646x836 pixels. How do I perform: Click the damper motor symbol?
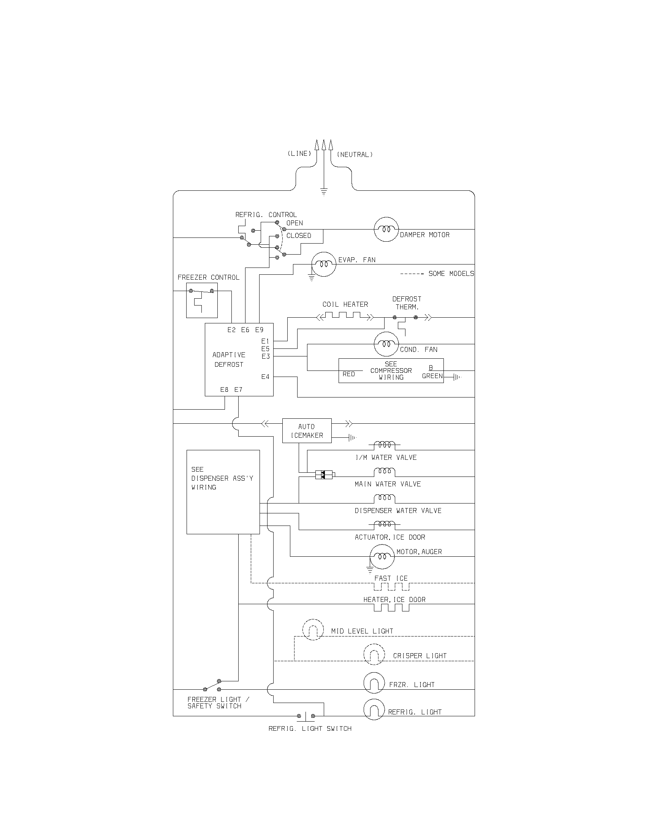(x=386, y=229)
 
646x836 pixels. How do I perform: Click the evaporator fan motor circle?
(x=323, y=264)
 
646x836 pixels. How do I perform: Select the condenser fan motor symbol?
(x=386, y=344)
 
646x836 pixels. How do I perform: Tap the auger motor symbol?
(x=382, y=556)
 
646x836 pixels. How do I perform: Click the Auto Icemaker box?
(x=307, y=431)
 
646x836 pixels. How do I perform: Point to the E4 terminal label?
(x=265, y=377)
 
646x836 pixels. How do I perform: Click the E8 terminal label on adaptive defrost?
(x=224, y=389)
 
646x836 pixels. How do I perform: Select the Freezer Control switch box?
(x=202, y=300)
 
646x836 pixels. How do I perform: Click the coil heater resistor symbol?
(x=343, y=316)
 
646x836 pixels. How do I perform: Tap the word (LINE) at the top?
(x=299, y=154)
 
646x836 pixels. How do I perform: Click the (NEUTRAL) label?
(x=355, y=155)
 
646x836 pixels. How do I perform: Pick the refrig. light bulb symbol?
(x=374, y=710)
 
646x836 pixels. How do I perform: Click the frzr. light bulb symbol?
(x=374, y=682)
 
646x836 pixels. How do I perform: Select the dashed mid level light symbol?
(x=313, y=629)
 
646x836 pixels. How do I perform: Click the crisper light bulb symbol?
(x=374, y=654)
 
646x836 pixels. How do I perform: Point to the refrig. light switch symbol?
(x=306, y=716)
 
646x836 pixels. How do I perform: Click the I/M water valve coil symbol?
(x=384, y=445)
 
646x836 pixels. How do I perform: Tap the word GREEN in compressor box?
(x=432, y=376)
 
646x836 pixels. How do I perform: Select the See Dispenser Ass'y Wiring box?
(x=223, y=492)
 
